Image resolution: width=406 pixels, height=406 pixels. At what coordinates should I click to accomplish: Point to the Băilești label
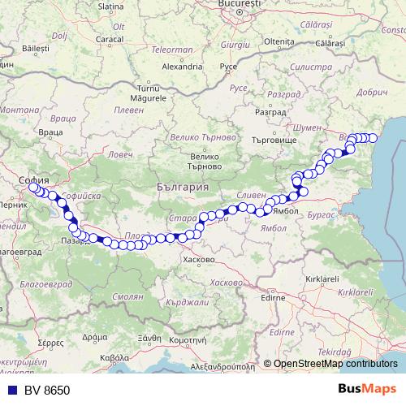pyautogui.click(x=37, y=49)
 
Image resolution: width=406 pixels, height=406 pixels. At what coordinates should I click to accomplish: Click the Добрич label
pyautogui.click(x=373, y=93)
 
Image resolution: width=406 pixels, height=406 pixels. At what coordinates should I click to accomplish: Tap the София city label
pyautogui.click(x=35, y=179)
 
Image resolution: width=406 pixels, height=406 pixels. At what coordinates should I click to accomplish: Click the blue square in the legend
pyautogui.click(x=11, y=391)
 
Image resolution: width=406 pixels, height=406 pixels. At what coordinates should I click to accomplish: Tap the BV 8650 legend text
pyautogui.click(x=47, y=391)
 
